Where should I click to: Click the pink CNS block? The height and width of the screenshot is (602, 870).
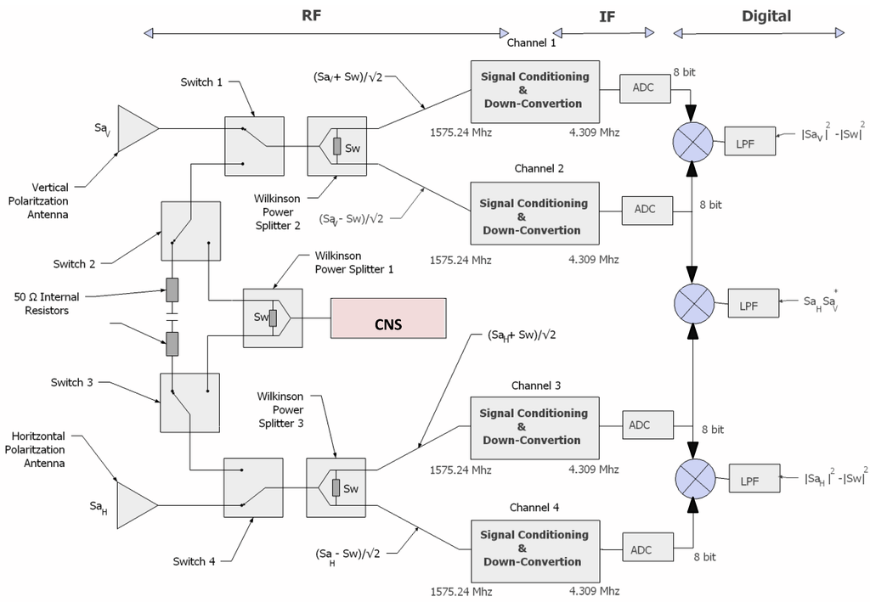coord(387,318)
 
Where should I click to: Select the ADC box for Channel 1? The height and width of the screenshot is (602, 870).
coord(643,87)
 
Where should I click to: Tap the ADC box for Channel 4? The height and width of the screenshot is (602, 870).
coord(641,549)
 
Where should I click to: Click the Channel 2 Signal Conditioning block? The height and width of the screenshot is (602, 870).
coord(534,217)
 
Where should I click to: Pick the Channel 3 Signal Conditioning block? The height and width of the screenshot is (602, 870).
coord(534,426)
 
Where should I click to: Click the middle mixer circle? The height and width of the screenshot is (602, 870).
coord(694,302)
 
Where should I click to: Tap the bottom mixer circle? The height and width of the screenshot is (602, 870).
coord(694,480)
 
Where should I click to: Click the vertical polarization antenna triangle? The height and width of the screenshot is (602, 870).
coord(136,129)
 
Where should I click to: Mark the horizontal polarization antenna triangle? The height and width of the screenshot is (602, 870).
coord(135,506)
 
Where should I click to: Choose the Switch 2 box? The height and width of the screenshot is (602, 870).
coord(191,231)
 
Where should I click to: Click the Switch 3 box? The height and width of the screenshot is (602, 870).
coord(189,402)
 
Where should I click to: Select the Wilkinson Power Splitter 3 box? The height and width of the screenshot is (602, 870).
coord(336,488)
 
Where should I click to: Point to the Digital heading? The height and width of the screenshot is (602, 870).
coord(765,16)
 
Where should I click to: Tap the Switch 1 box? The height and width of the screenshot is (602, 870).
coord(254,146)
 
